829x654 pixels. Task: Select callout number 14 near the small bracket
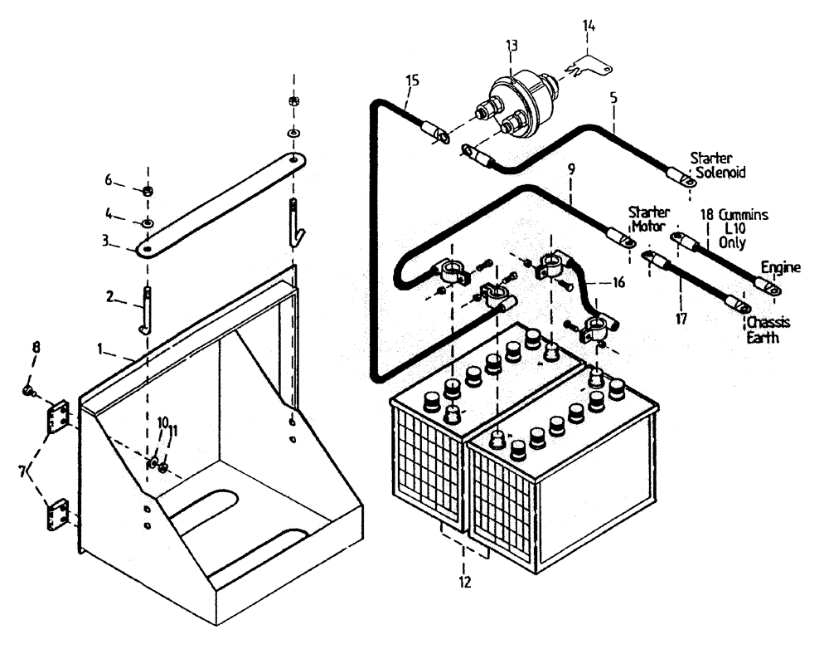tap(589, 27)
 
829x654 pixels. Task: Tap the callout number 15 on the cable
tap(413, 81)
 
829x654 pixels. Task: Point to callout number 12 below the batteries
tap(464, 583)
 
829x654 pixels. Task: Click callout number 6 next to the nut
tap(108, 181)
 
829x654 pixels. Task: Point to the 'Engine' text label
tap(781, 268)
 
